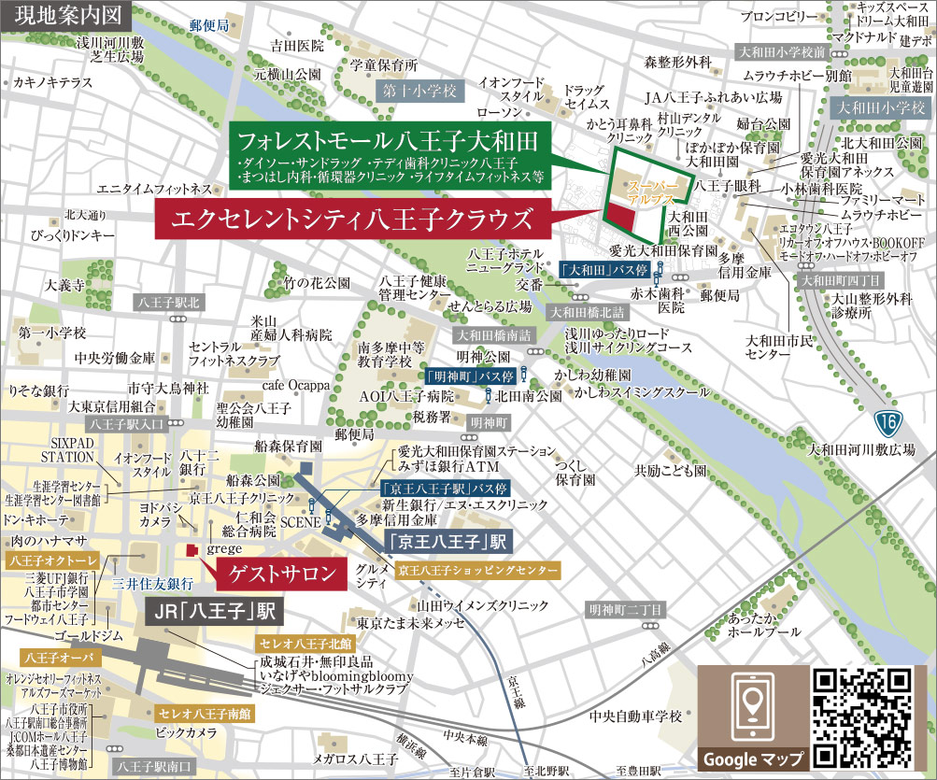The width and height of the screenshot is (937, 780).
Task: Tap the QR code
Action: tap(861, 716)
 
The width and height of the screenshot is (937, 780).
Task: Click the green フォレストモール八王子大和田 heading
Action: tap(390, 143)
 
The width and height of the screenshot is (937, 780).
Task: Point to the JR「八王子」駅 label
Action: tap(215, 613)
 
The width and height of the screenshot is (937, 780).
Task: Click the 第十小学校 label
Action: tap(420, 91)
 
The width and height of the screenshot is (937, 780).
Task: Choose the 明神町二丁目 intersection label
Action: tap(625, 610)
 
